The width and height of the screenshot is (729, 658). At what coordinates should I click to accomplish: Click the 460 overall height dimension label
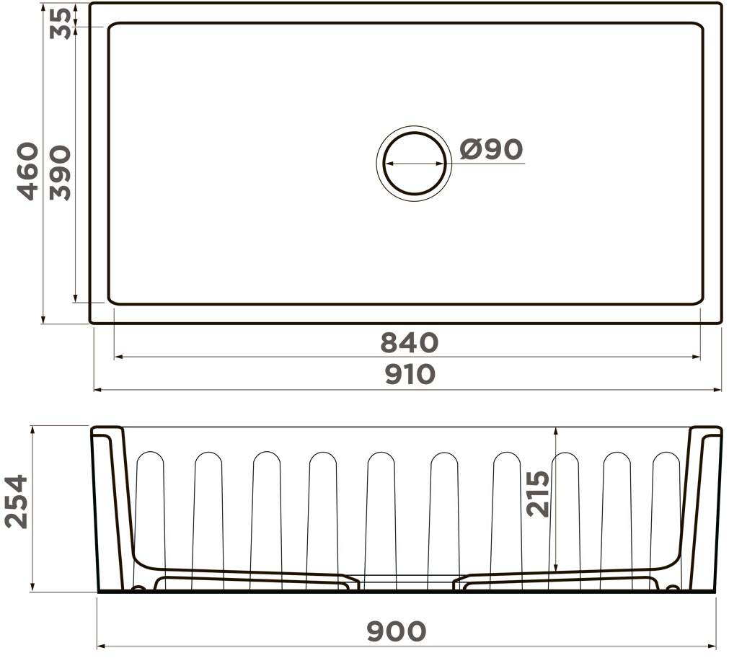27,172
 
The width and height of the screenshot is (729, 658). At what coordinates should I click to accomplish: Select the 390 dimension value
61,173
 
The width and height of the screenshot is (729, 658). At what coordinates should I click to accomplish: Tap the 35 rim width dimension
61,23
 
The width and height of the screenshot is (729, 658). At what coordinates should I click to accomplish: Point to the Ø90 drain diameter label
492,150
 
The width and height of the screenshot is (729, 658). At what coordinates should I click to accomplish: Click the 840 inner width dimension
409,343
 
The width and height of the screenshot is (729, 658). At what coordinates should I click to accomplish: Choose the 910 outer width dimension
410,375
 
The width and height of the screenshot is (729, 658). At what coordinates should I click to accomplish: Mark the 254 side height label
16,502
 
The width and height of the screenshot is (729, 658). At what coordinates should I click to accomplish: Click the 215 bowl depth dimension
538,494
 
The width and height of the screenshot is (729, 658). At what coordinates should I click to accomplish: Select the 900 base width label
396,631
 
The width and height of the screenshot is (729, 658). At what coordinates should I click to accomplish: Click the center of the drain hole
414,164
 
